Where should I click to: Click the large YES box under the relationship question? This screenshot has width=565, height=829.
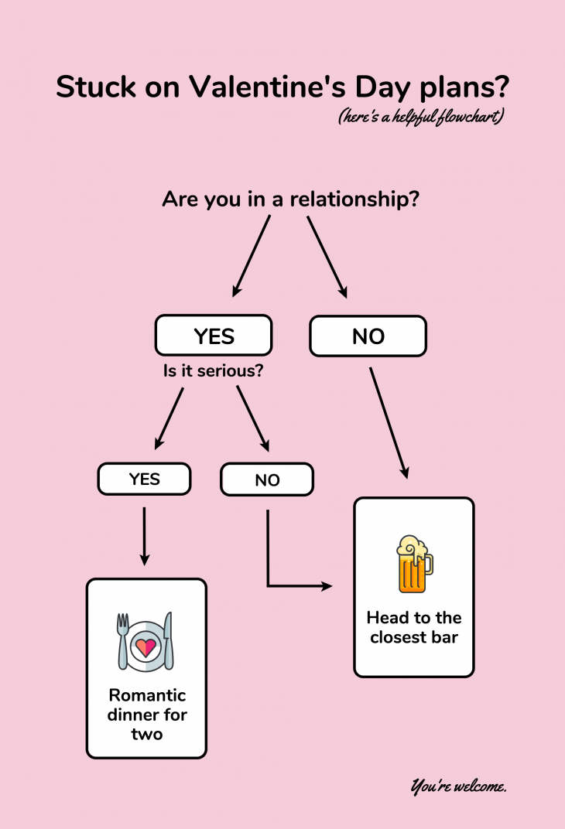coord(214,335)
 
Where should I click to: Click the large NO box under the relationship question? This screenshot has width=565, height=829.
coord(368,336)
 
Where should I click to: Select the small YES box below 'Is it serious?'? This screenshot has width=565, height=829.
coord(144,479)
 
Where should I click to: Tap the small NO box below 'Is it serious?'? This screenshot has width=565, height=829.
coord(267,479)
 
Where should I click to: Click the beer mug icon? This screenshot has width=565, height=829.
coord(413,565)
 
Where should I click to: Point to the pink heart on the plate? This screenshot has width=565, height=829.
coord(146,644)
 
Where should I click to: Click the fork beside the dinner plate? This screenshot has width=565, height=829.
coord(123,641)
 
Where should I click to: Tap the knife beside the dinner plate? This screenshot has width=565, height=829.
coord(169,641)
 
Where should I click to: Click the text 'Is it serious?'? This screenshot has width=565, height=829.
coord(213,370)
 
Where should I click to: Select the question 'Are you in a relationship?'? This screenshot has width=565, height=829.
coord(290,200)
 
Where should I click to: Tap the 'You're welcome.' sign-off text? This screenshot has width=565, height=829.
coord(458,787)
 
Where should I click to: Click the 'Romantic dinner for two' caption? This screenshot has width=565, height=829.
coord(146,714)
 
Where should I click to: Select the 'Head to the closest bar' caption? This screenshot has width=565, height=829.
coord(413,627)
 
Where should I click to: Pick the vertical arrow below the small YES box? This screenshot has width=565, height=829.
coord(144,535)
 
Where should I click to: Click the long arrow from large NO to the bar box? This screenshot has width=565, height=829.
coord(389,424)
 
